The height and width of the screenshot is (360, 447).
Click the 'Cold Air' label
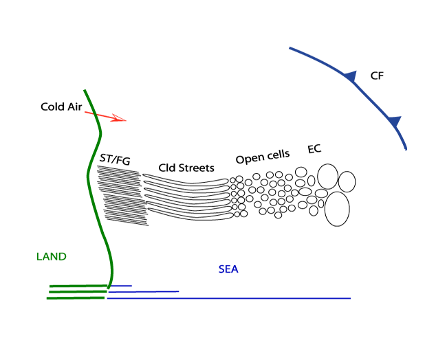click(61, 107)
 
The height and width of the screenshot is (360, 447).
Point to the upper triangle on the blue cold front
click(351, 76)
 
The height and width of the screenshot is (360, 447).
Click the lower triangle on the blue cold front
click(394, 122)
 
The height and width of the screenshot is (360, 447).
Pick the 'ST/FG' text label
click(116, 160)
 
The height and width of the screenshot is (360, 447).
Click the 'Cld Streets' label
click(186, 168)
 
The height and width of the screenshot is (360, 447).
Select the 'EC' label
click(315, 149)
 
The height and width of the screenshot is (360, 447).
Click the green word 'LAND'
click(52, 257)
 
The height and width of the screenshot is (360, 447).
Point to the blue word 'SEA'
click(228, 269)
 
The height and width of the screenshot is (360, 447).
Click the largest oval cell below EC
click(337, 209)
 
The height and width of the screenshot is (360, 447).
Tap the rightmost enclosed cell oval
click(347, 181)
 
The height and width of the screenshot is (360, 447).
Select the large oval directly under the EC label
click(327, 177)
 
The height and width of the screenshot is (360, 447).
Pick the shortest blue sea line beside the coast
click(121, 285)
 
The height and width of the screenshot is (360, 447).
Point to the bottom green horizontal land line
click(76, 298)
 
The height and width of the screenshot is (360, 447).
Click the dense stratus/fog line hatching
click(122, 196)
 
